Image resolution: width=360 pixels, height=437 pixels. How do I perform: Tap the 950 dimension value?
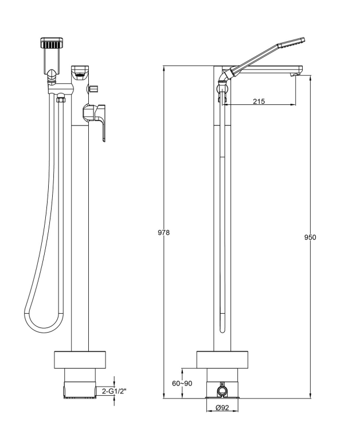(310, 237)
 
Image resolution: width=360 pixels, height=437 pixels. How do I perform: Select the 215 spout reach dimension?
(259, 101)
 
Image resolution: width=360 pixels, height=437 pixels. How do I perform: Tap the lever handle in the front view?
(103, 123)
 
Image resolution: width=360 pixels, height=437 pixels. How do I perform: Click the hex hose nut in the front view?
(61, 100)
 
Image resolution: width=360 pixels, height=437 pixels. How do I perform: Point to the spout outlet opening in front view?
(79, 73)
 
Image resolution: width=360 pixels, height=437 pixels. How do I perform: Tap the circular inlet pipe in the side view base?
(221, 392)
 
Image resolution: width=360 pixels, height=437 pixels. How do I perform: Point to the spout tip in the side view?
(296, 73)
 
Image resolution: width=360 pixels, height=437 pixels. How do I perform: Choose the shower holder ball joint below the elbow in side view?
(222, 88)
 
